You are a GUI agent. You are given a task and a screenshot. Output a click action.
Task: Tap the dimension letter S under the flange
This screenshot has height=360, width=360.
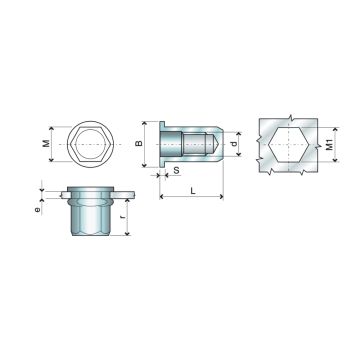point(177,172)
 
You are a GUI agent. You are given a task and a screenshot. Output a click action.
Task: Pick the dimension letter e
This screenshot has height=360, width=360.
point(39,211)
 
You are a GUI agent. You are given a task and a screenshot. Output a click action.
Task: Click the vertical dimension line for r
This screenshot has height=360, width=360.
point(130,217)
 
